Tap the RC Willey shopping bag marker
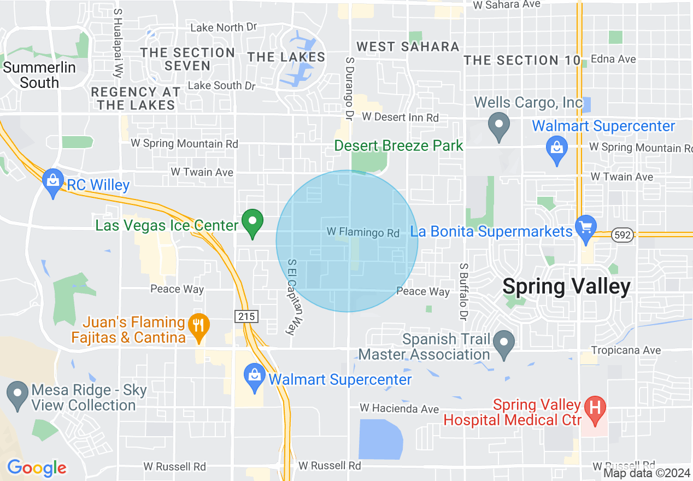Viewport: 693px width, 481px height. coord(53,183)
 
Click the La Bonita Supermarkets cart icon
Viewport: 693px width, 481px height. coord(585,228)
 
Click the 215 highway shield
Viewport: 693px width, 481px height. coord(244,316)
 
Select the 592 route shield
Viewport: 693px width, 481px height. coord(623,234)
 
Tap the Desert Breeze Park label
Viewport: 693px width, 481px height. coord(398,146)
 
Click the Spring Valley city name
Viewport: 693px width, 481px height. coord(566,286)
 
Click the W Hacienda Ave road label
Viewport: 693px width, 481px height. coord(399,408)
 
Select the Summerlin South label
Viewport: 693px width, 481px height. coord(39,75)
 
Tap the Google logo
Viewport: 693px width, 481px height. coord(37,468)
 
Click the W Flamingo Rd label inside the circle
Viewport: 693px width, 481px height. coord(363,232)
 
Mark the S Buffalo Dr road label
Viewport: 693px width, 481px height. coord(464,292)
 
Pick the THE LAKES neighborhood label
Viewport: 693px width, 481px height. coord(286,57)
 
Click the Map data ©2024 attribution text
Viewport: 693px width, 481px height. coord(647,473)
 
